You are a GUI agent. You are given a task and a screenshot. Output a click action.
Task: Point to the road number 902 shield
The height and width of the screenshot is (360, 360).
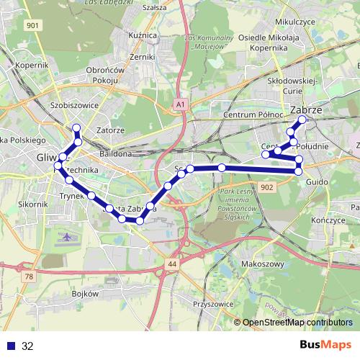(268, 186)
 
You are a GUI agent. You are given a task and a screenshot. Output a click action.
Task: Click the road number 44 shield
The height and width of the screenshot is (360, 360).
(171, 265)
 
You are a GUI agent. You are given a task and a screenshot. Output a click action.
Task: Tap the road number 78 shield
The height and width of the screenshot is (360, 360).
(28, 276)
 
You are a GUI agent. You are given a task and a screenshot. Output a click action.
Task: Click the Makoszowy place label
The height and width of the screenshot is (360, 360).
(262, 264)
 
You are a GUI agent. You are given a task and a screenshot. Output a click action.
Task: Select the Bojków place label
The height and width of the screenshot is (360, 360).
(85, 294)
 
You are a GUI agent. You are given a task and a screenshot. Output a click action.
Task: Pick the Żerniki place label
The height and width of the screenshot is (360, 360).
(143, 56)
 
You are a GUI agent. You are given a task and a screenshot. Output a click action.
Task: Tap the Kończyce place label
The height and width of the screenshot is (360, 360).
(331, 220)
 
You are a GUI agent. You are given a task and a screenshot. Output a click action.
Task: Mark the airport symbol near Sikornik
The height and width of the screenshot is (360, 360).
(68, 236)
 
